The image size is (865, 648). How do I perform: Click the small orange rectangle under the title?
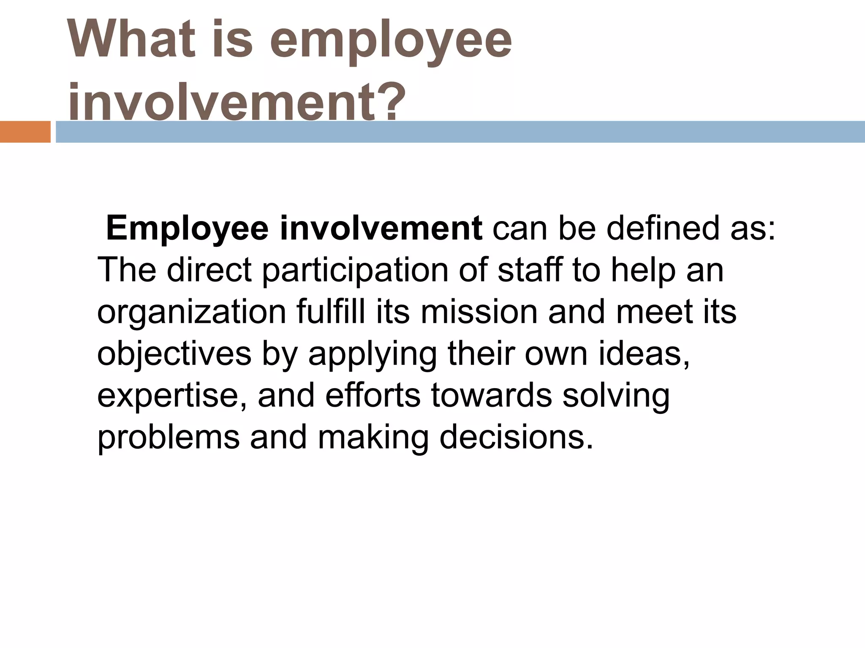tap(25, 132)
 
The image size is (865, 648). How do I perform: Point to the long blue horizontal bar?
tap(460, 132)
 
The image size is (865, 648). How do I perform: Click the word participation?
tap(355, 271)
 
